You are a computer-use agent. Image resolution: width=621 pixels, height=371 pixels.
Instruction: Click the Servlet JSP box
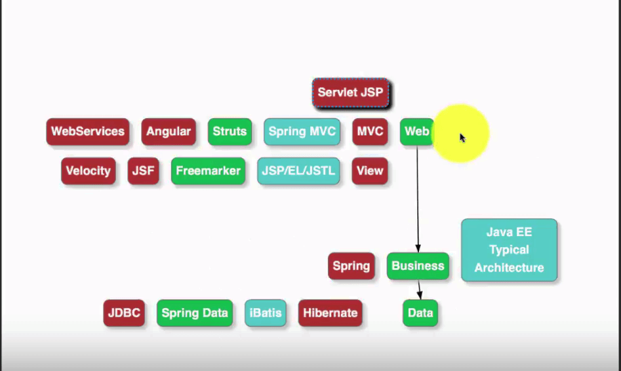[350, 92]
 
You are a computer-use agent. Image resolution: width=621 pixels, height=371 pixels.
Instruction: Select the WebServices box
[87, 132]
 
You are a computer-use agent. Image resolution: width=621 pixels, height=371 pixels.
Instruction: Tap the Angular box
[169, 132]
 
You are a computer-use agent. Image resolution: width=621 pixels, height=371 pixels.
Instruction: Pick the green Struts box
[230, 132]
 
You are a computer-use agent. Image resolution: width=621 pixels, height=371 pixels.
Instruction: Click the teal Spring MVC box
[302, 132]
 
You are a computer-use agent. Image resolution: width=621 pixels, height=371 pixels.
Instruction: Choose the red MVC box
[370, 132]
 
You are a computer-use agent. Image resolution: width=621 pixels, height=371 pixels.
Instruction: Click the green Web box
[416, 132]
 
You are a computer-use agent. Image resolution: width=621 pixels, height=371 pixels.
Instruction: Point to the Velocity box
[89, 171]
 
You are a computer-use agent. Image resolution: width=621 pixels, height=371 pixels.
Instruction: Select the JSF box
[144, 171]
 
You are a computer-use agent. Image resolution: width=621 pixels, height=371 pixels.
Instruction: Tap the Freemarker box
[208, 171]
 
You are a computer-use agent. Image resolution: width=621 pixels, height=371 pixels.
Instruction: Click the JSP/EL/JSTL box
[298, 171]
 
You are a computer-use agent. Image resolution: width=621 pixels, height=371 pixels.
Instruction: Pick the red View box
[370, 171]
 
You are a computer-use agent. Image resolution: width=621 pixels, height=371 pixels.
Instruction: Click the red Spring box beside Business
[351, 266]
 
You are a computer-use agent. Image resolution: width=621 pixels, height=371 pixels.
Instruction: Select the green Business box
[418, 266]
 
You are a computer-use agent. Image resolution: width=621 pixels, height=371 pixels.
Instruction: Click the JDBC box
[124, 313]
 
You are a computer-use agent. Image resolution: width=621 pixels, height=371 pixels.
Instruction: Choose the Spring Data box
[195, 313]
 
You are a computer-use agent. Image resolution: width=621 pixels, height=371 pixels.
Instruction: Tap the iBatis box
[266, 313]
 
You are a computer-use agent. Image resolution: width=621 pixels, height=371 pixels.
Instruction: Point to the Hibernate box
[331, 313]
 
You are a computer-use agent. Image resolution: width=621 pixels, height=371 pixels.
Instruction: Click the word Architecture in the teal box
[509, 268]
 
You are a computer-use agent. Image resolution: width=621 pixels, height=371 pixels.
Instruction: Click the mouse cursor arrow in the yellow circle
[462, 138]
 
